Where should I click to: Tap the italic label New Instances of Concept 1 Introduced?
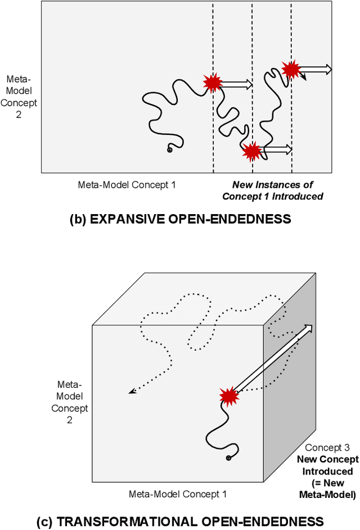(x=273, y=191)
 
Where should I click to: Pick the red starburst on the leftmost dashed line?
(x=213, y=83)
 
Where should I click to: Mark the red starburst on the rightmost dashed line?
(x=291, y=69)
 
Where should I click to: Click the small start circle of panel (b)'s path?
(x=169, y=150)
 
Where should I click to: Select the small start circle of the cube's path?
(x=229, y=458)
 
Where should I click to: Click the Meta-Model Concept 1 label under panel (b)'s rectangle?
(x=127, y=184)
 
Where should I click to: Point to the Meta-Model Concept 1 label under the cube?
(x=177, y=493)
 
